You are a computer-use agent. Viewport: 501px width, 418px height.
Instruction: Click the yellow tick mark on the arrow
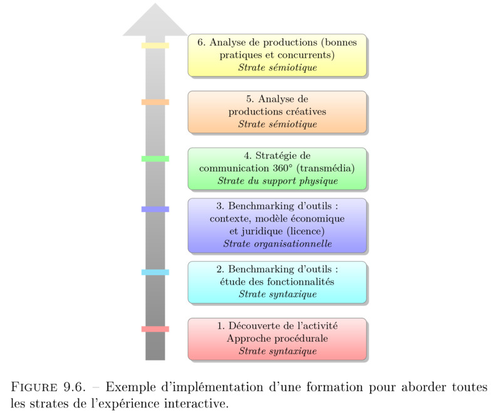click(155, 45)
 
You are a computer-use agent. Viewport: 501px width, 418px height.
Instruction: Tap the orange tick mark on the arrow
click(155, 102)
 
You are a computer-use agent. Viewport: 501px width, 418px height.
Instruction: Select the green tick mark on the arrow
click(155, 159)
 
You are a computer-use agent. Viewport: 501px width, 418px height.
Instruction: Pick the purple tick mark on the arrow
click(155, 209)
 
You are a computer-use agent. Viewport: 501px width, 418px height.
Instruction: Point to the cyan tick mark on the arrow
click(155, 272)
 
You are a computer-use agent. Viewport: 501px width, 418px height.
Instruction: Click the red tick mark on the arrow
click(155, 329)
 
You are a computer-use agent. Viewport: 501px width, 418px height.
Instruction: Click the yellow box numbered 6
click(277, 55)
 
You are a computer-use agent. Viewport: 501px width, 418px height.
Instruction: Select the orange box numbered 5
click(277, 112)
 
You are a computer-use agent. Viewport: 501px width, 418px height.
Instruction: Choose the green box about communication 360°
click(277, 169)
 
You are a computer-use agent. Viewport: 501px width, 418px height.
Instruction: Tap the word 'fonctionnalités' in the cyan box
click(301, 282)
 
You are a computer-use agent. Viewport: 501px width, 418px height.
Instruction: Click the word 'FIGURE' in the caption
click(34, 387)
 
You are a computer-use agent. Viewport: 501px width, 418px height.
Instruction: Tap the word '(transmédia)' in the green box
click(326, 168)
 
